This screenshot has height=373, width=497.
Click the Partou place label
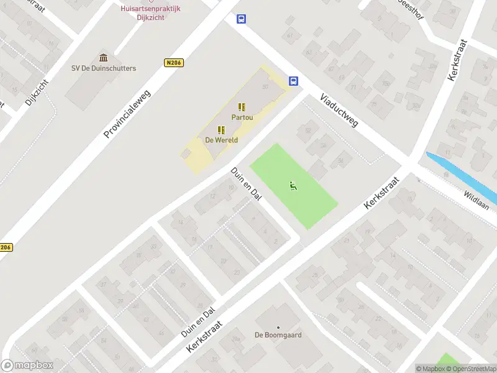click(x=242, y=117)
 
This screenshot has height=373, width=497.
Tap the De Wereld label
click(x=221, y=140)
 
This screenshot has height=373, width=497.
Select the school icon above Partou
click(x=242, y=107)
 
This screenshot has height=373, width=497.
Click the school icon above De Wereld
click(x=221, y=130)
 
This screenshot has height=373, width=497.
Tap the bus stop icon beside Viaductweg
click(x=293, y=81)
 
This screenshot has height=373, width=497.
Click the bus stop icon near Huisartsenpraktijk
click(x=240, y=19)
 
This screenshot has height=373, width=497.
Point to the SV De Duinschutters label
click(x=104, y=68)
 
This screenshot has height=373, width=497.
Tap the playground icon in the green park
click(x=293, y=185)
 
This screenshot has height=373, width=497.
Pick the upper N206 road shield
click(x=174, y=63)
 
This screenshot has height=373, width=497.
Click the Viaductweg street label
click(x=339, y=111)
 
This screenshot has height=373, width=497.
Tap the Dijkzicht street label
click(x=37, y=92)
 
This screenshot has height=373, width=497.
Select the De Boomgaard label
click(x=278, y=334)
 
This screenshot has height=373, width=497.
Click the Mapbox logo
click(x=27, y=366)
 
